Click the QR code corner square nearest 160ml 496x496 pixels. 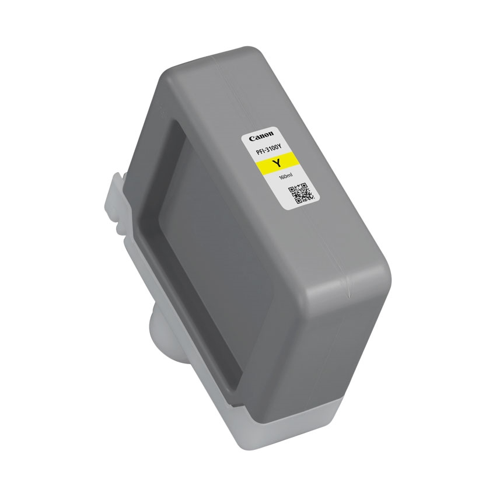coord(293,189)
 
